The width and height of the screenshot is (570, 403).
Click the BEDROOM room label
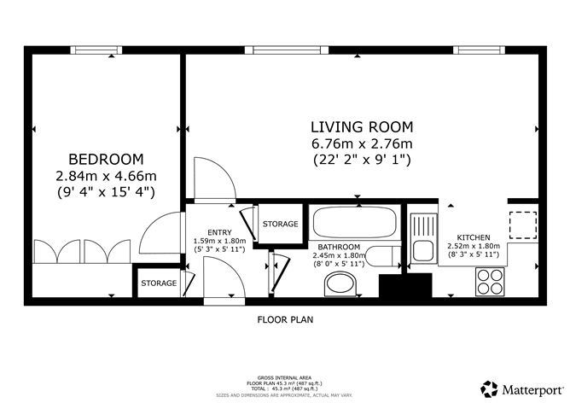(106, 159)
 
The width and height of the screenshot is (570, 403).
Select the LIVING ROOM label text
(362, 126)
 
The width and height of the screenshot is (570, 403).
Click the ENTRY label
(219, 231)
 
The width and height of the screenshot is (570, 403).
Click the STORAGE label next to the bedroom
(159, 283)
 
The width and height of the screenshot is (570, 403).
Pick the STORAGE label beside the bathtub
(280, 225)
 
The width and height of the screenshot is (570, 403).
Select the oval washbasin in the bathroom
(345, 286)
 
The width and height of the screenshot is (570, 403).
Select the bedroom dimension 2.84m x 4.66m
(106, 176)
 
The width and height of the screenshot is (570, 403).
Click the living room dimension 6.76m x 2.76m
(362, 143)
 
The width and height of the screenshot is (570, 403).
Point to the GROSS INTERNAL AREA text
(285, 377)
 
